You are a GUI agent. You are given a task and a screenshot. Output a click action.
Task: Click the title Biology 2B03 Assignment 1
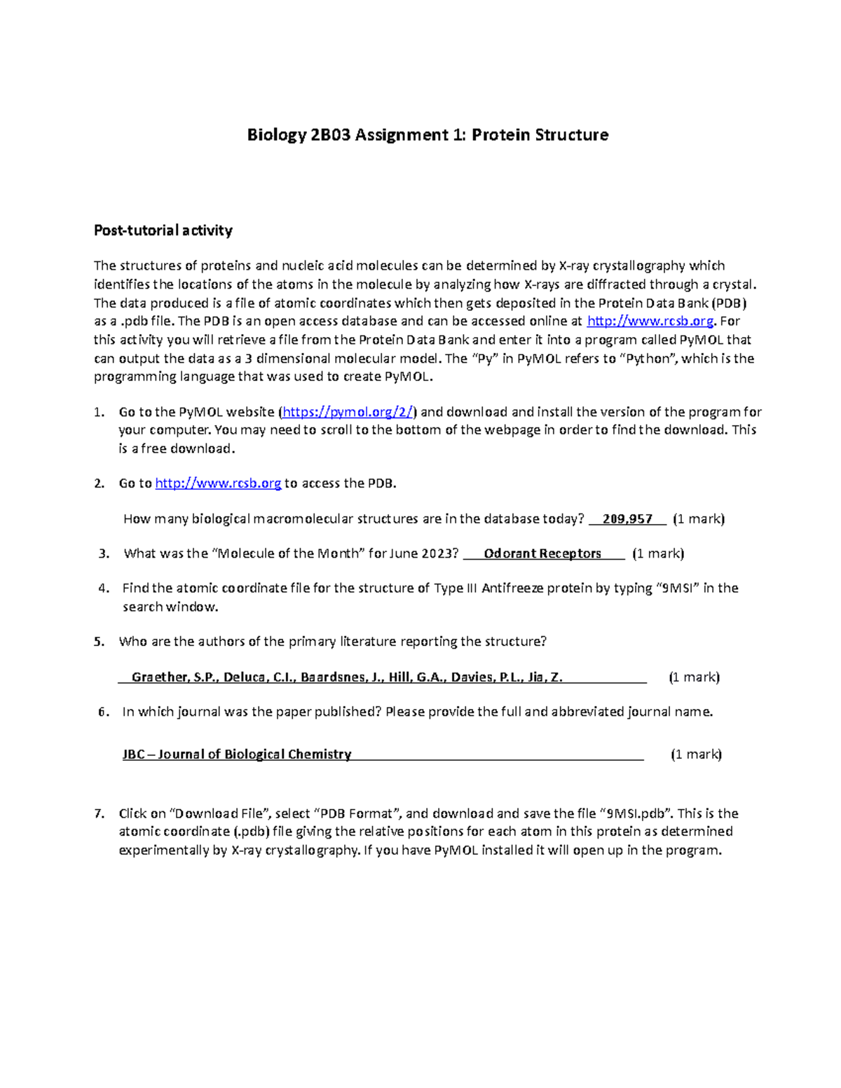click(428, 135)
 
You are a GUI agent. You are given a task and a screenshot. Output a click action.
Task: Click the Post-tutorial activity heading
click(163, 230)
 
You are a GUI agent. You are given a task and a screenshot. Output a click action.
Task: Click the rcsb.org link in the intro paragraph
click(650, 322)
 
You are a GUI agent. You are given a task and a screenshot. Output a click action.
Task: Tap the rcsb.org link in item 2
click(218, 483)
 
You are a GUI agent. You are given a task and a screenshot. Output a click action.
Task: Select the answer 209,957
click(627, 519)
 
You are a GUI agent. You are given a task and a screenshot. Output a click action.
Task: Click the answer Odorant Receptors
click(542, 553)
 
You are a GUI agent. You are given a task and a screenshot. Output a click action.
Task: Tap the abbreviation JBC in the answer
click(134, 755)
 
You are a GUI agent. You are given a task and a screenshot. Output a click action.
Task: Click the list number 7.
click(100, 813)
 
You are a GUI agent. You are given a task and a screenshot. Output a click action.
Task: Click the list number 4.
click(103, 588)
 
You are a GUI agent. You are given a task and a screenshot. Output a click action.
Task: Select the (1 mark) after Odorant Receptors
click(658, 553)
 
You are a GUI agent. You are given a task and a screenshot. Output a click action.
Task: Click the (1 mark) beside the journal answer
click(696, 755)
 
